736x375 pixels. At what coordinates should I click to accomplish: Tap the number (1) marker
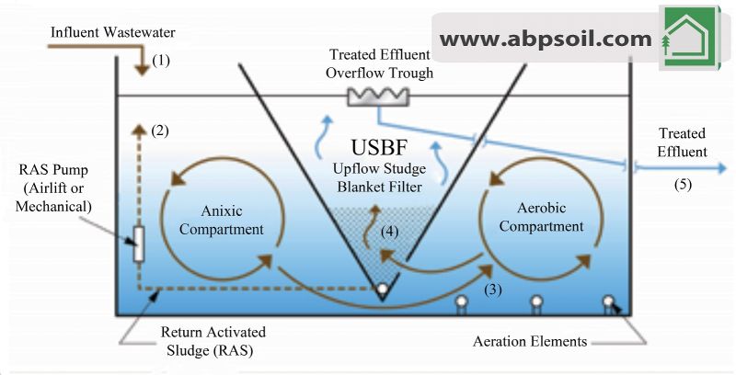coord(161,61)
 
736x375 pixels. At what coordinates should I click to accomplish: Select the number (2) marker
coord(159,131)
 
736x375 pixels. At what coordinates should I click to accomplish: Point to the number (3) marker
coord(495,290)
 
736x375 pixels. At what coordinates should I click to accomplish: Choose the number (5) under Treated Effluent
coord(682,183)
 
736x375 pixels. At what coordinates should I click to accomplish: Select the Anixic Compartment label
coord(221,221)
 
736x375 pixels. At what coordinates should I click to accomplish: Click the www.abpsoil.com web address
coord(546,39)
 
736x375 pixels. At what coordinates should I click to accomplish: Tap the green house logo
coord(688,38)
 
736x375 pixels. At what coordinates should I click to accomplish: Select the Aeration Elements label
coord(530,341)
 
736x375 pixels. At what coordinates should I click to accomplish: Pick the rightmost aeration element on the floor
coord(607,301)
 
